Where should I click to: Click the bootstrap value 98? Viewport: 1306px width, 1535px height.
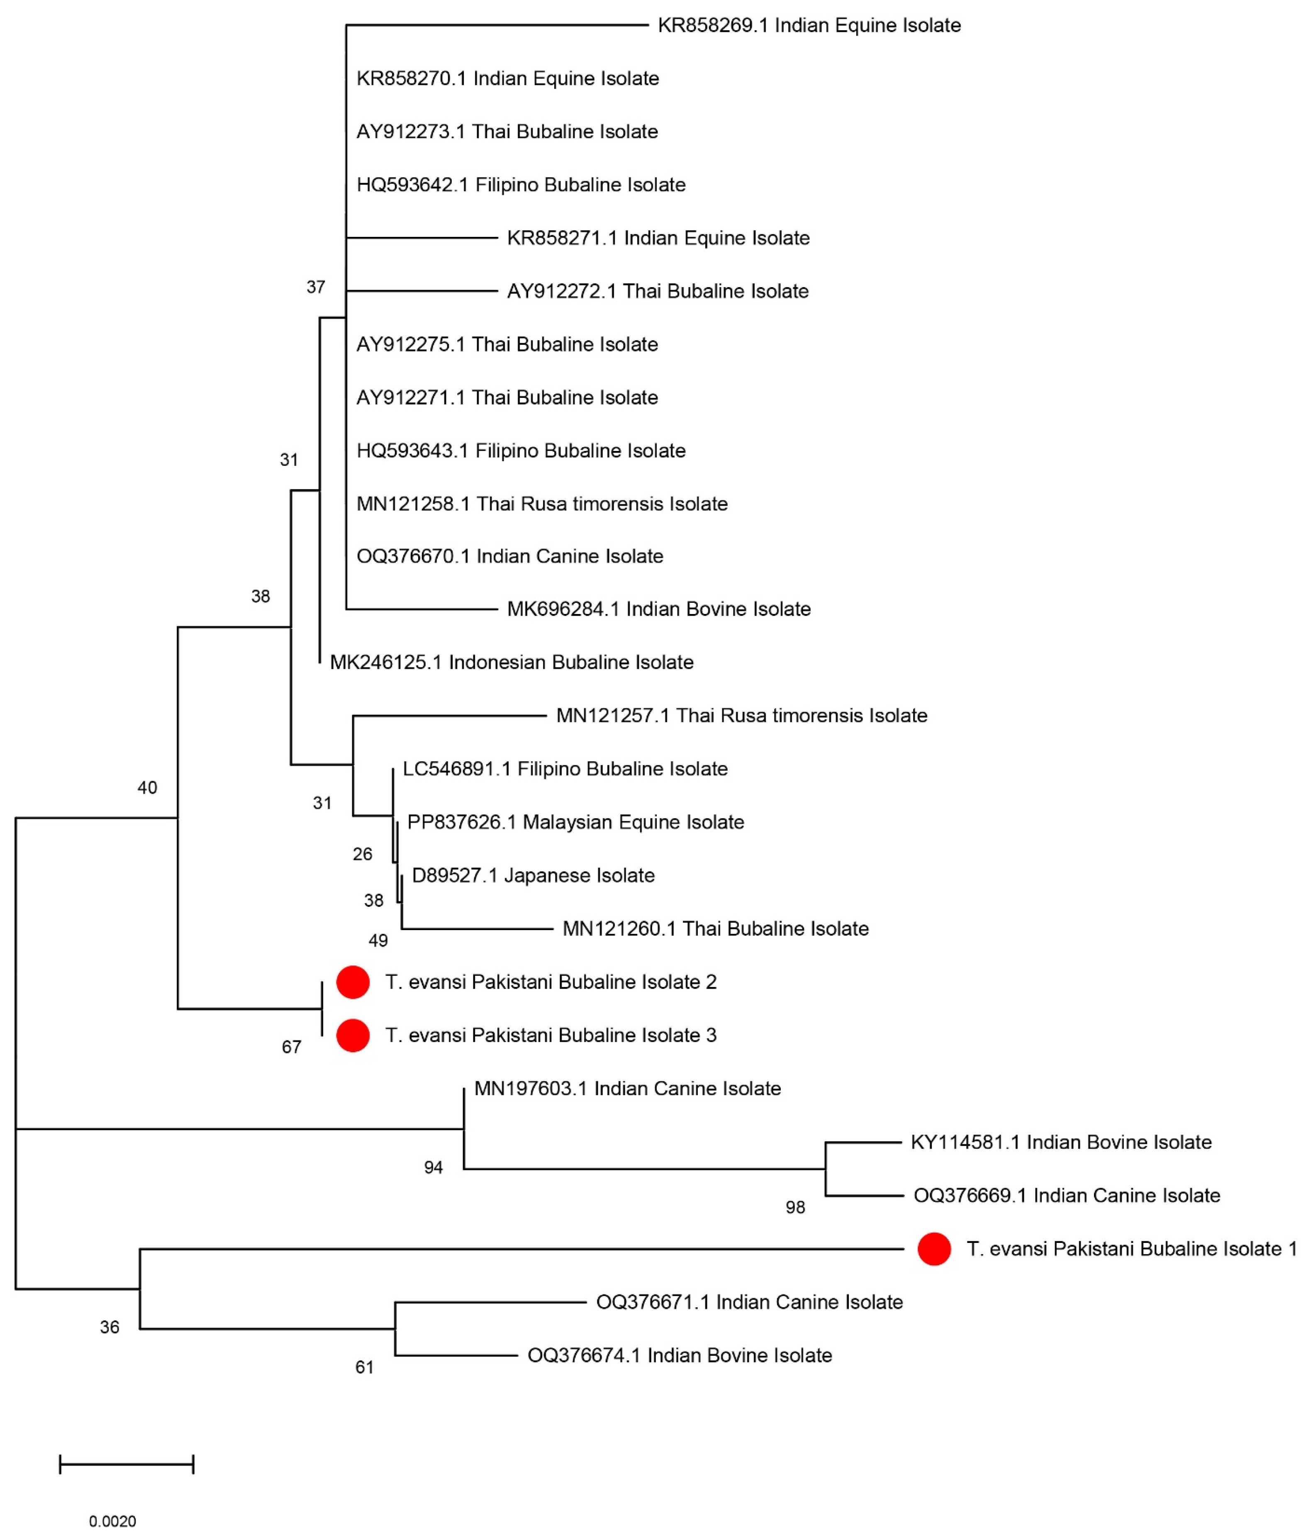click(x=795, y=1208)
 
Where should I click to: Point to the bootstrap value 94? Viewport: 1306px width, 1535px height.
click(x=433, y=1168)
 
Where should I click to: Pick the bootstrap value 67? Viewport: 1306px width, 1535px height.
click(x=292, y=1047)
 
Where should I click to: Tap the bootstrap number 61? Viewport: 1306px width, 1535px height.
click(x=364, y=1368)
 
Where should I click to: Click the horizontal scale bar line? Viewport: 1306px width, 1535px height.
click(x=126, y=1464)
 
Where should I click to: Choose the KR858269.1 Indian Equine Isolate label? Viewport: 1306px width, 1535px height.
click(x=809, y=25)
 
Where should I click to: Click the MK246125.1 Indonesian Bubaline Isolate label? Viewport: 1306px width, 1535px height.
click(x=512, y=662)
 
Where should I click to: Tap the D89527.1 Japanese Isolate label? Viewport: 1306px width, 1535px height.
click(x=533, y=875)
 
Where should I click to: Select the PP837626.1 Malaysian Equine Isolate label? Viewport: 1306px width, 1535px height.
click(x=575, y=822)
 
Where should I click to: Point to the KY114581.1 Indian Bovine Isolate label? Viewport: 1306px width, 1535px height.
click(x=1061, y=1142)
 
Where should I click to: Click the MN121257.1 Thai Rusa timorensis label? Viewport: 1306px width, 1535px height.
click(x=741, y=715)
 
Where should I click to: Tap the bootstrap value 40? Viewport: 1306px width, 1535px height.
click(x=147, y=788)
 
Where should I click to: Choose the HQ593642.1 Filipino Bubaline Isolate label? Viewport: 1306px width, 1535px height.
click(x=521, y=184)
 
